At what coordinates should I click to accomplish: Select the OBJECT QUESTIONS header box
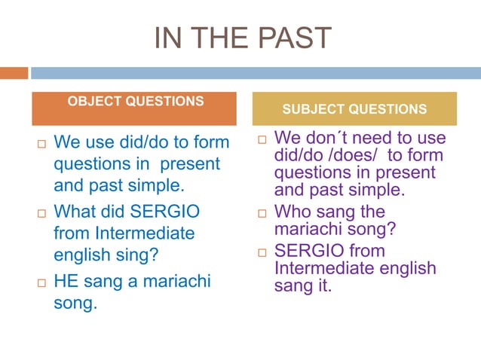point(134,108)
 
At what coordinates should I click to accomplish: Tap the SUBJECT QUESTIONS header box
point(354,108)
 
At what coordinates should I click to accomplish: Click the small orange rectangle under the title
point(14,73)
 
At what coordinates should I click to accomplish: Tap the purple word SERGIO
point(308,250)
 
